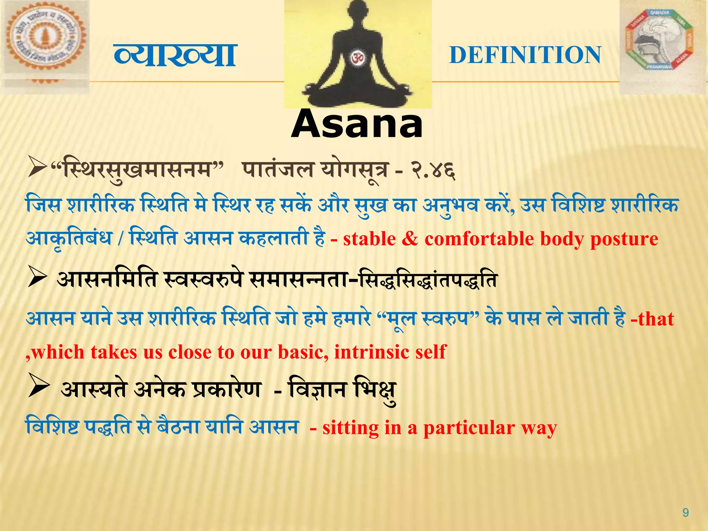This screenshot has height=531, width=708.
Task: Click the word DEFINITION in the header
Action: [x=525, y=55]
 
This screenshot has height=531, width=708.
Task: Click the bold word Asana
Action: [x=357, y=124]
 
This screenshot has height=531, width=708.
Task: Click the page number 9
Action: [x=686, y=512]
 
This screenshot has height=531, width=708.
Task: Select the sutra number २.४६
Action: [x=433, y=171]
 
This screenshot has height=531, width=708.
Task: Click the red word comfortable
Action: [x=479, y=239]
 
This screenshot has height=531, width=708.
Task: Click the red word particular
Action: [x=469, y=428]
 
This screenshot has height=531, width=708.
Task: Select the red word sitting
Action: [x=350, y=428]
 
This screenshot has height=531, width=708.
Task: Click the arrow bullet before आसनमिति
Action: [x=37, y=277]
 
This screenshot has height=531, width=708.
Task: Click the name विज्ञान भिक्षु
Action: [x=342, y=390]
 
